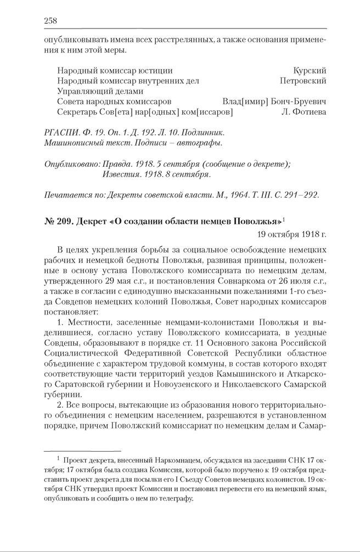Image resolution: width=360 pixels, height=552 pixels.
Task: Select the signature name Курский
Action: tap(310, 71)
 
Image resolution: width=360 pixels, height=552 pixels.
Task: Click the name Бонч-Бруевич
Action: tap(299, 102)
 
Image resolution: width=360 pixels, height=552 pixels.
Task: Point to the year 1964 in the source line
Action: tap(216, 195)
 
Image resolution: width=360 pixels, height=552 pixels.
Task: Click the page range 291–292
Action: tap(299, 195)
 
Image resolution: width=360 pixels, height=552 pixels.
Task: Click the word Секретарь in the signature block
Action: tap(76, 112)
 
